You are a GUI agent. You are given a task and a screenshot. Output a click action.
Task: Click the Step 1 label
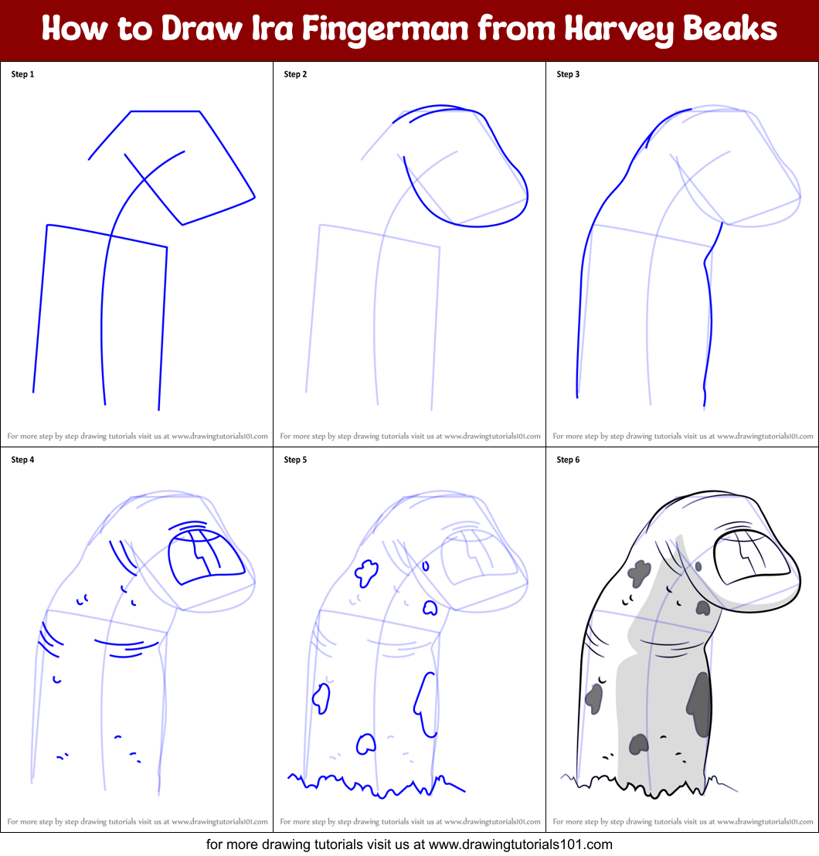click(22, 74)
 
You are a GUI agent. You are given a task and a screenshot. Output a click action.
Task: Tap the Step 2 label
click(295, 74)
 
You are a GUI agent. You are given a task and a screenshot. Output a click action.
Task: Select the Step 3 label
click(568, 74)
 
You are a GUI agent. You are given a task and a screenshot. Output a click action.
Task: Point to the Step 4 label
click(22, 460)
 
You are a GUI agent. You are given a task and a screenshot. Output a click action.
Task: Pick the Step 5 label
click(295, 460)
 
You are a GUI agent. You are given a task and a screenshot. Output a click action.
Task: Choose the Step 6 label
click(568, 460)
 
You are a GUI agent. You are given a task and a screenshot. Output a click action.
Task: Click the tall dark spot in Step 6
click(699, 703)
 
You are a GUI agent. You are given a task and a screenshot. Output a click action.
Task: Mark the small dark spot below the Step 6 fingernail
click(702, 607)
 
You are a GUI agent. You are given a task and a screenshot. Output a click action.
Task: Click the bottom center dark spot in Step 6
click(638, 744)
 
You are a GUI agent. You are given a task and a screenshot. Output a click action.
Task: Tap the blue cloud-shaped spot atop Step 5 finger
click(365, 572)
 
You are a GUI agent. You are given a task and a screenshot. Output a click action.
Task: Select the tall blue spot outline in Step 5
click(426, 703)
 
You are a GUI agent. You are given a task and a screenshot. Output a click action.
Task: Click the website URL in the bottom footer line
click(520, 844)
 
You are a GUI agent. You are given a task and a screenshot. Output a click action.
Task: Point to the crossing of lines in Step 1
click(144, 179)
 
